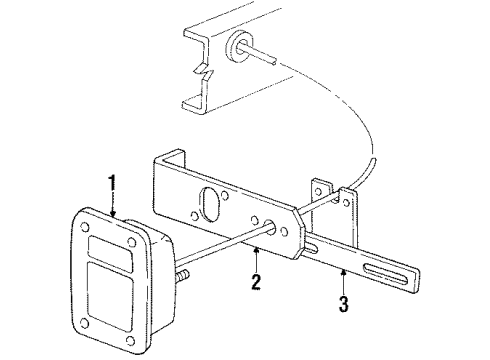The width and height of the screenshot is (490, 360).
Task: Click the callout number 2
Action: tap(256, 282)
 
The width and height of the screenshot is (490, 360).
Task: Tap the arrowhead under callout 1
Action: tap(114, 214)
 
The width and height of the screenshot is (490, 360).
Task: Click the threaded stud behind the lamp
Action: tap(185, 272)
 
